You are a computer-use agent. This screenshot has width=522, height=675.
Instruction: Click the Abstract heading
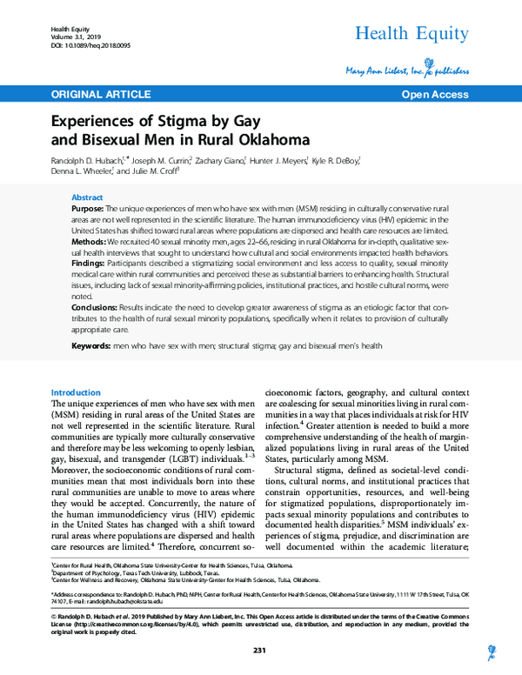(86, 197)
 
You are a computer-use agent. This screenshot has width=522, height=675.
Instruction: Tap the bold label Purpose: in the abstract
(89, 211)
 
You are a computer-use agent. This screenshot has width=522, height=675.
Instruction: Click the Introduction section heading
(77, 392)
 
